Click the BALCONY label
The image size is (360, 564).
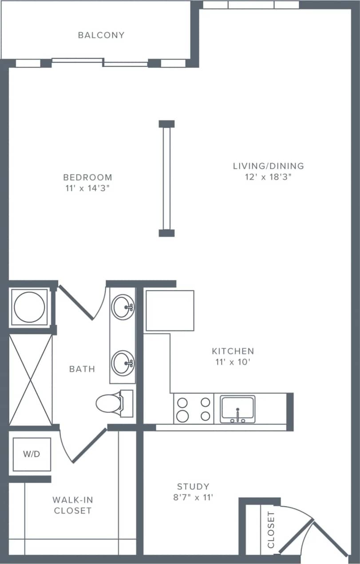tap(101, 35)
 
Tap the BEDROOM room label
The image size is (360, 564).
tap(87, 177)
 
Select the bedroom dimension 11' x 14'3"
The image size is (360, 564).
tap(87, 188)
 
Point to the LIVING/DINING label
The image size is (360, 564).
tap(269, 166)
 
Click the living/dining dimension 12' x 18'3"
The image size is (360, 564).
tap(269, 177)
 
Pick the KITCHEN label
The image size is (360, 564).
tap(233, 351)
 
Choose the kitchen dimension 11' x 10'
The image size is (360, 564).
tap(233, 362)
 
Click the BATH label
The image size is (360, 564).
tap(82, 369)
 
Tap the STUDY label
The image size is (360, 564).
tap(193, 486)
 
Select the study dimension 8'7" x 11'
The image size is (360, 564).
tap(193, 497)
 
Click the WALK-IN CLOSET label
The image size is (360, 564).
tap(73, 505)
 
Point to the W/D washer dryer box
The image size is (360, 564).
tap(32, 454)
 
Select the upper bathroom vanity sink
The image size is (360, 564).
tap(123, 307)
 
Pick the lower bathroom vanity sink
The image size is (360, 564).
tap(123, 363)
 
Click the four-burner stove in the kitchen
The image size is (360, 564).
tap(194, 409)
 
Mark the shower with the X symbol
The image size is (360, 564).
tap(31, 380)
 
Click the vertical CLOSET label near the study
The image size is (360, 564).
tap(271, 530)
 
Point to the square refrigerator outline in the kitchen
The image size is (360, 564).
tap(170, 310)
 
